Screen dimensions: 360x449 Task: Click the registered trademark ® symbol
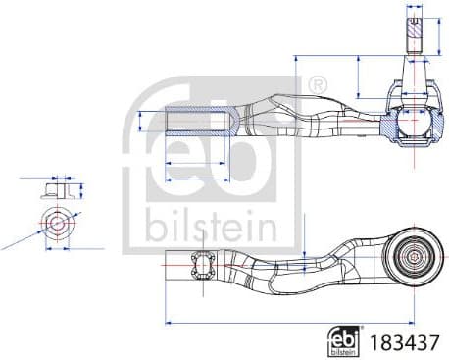[x=318, y=86]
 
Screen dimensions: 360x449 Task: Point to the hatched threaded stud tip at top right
[x=414, y=29]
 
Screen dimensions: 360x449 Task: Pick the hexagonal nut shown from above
[x=57, y=223]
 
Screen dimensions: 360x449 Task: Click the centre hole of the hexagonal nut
[x=57, y=223]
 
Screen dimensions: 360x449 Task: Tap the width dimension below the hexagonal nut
[x=57, y=252]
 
